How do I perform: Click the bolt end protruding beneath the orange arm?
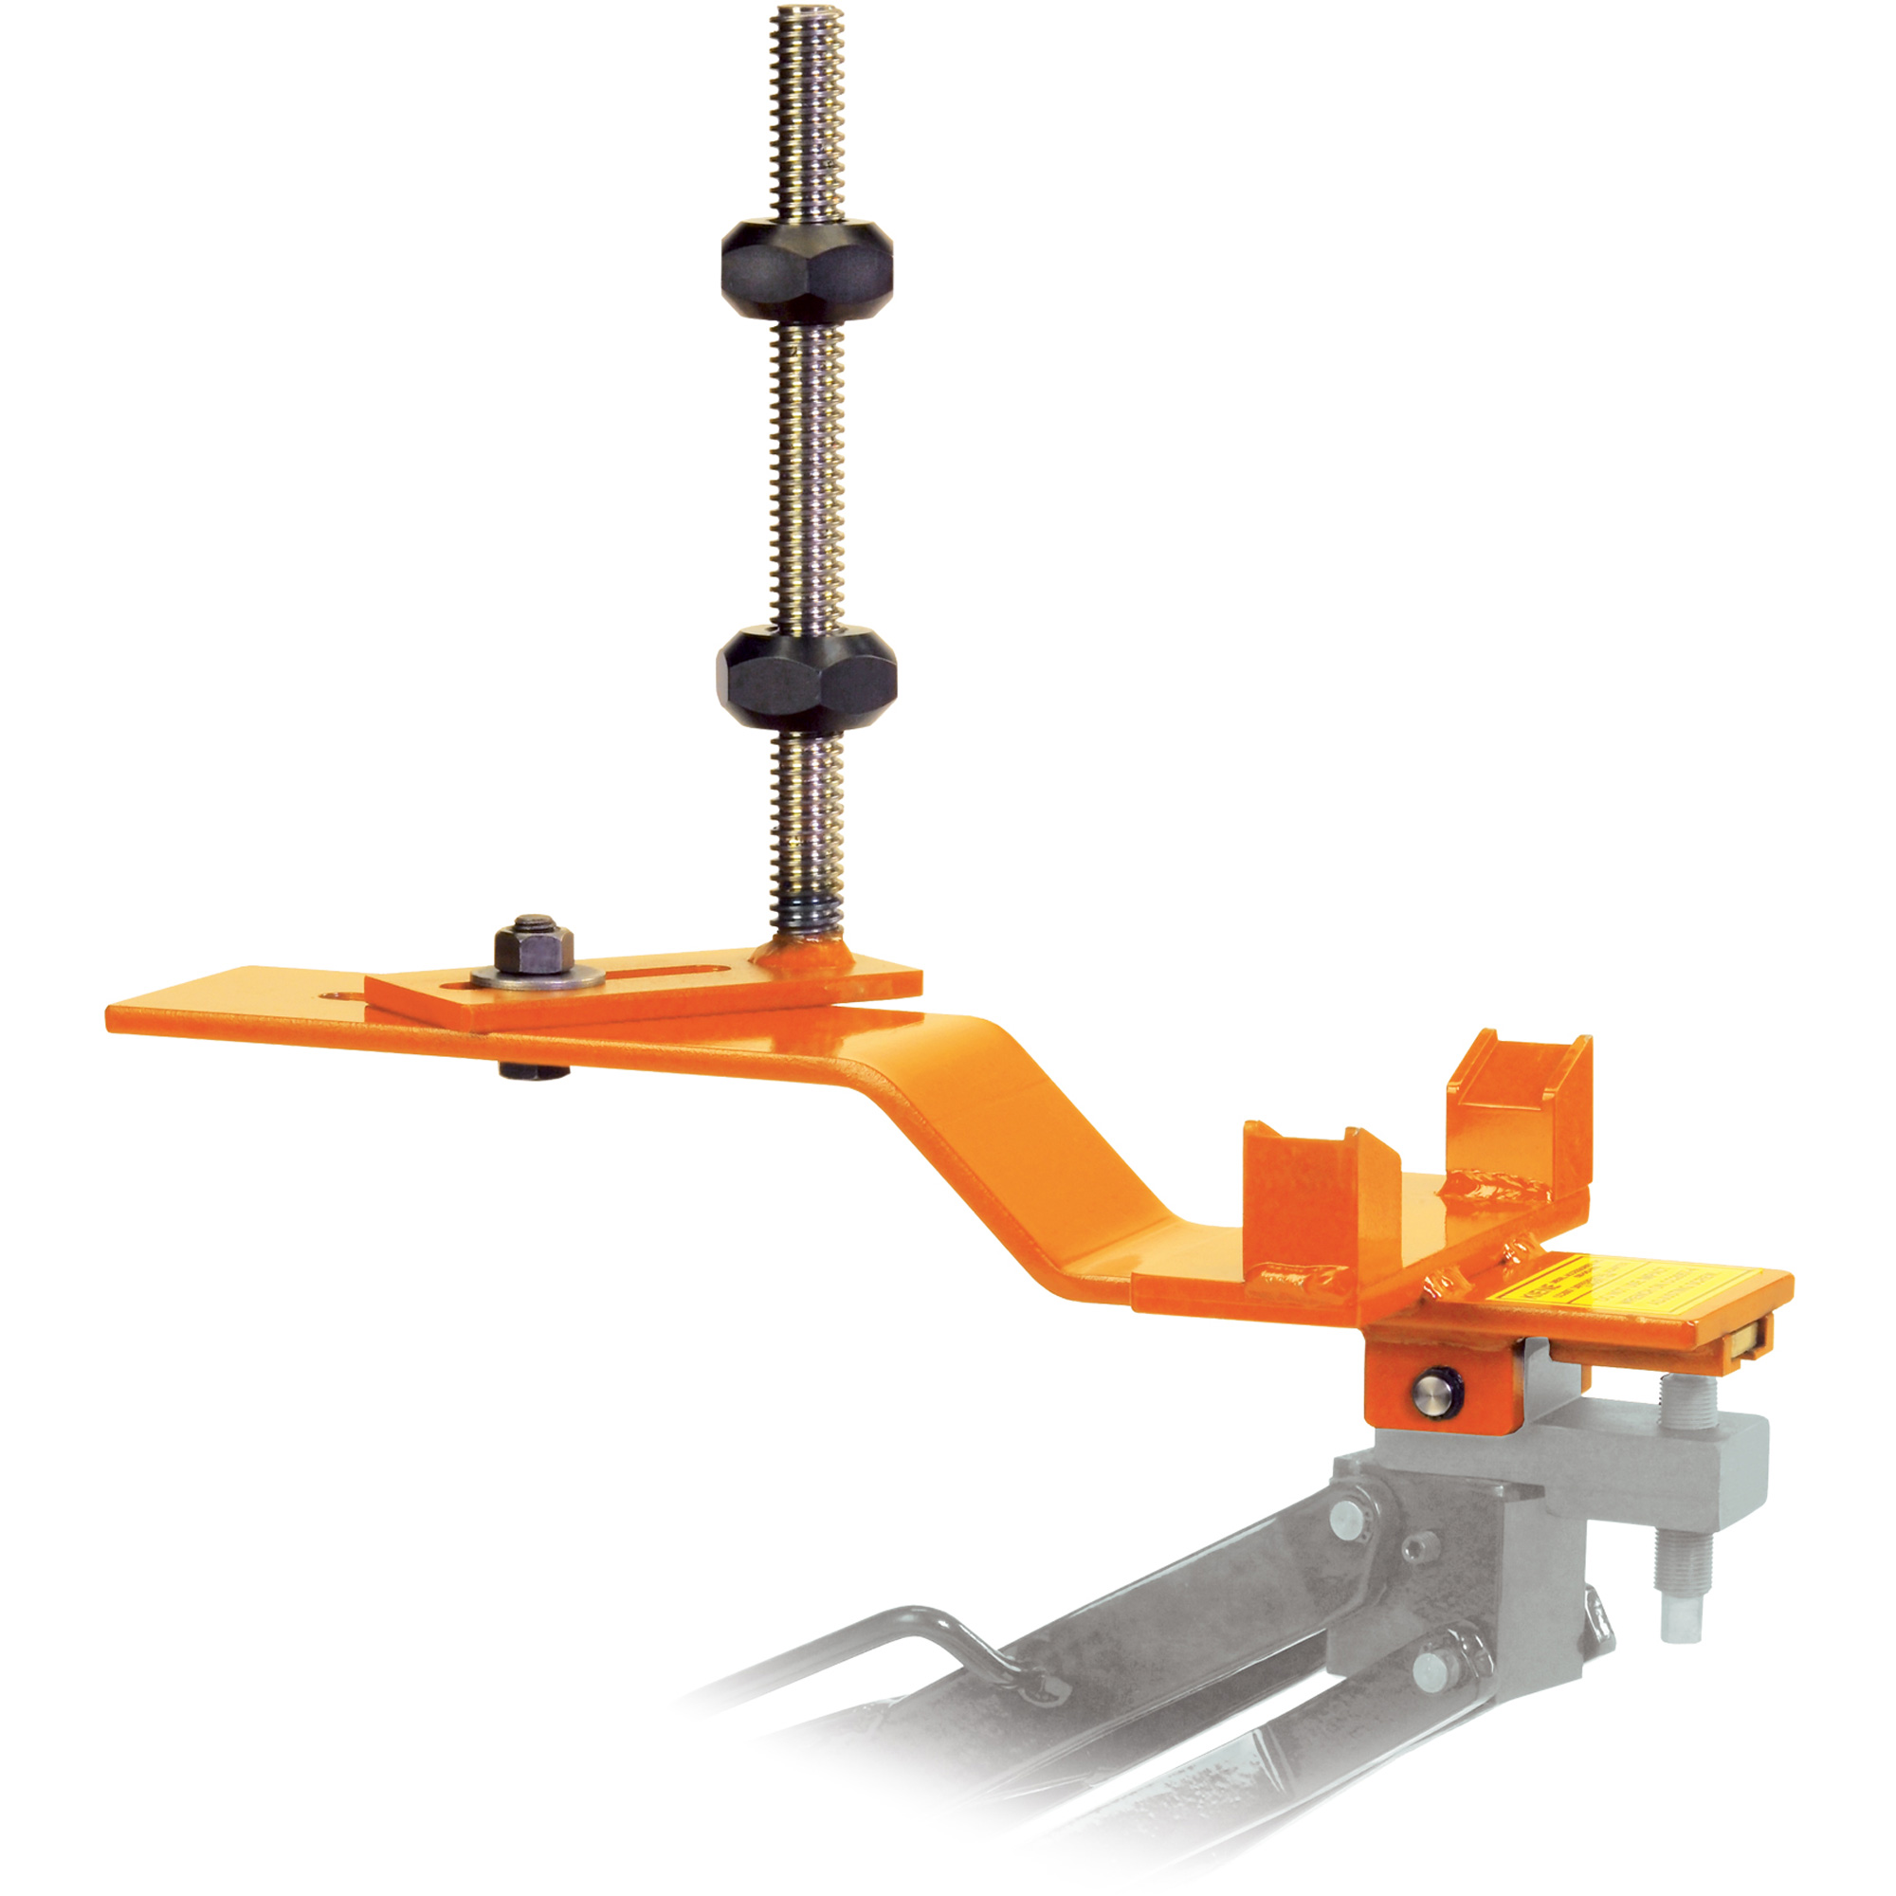[534, 1070]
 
